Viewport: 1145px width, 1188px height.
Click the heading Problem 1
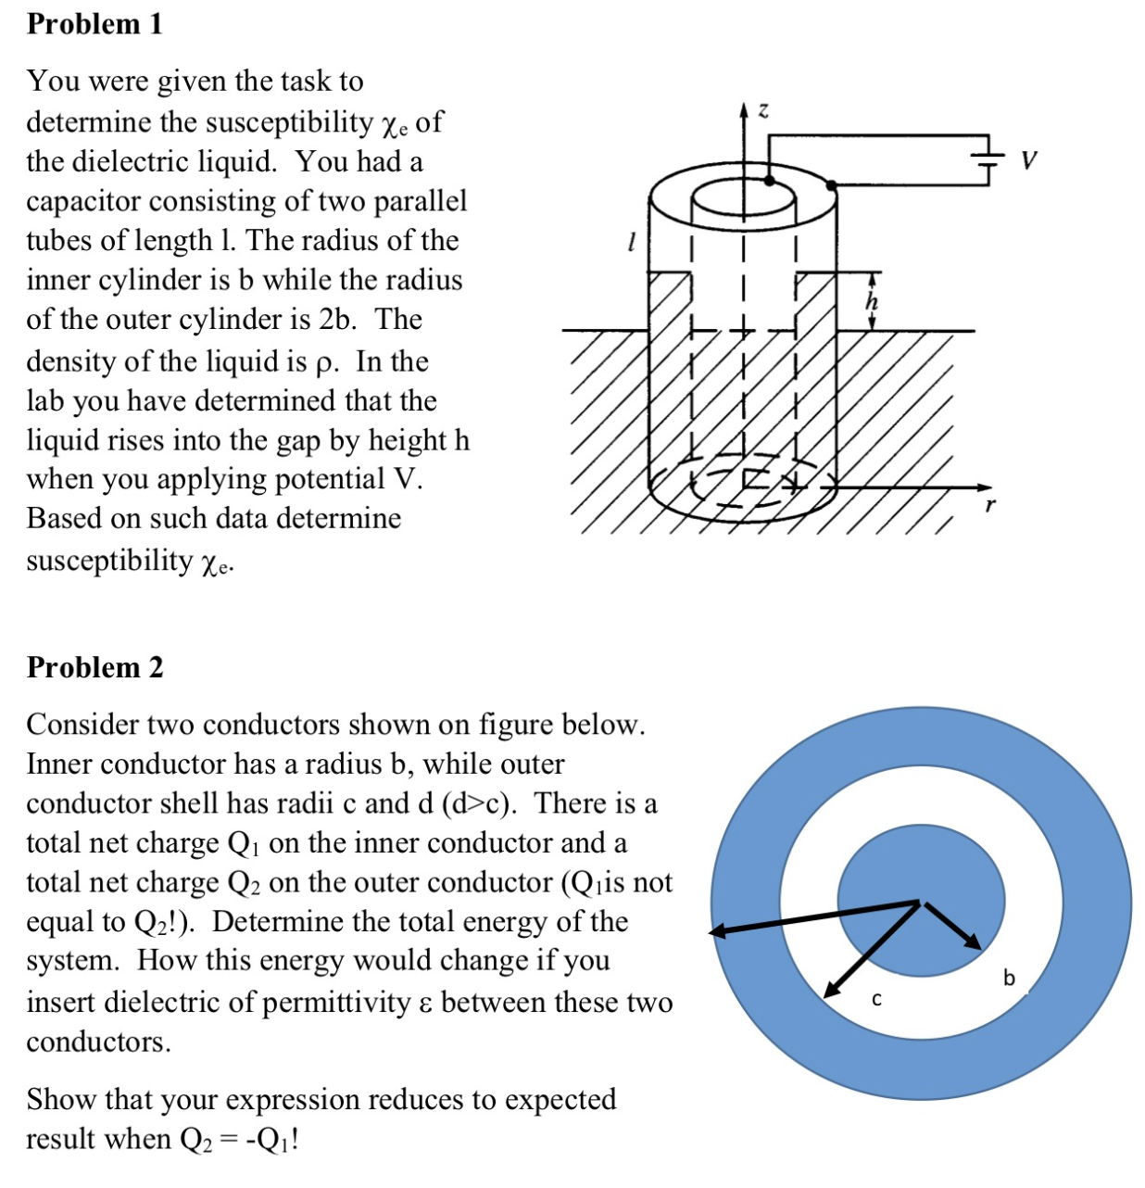[94, 24]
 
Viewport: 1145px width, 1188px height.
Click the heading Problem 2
[94, 667]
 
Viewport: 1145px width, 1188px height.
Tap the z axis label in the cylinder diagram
[763, 111]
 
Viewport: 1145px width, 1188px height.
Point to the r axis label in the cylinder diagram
[990, 507]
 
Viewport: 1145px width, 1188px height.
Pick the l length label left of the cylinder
[631, 244]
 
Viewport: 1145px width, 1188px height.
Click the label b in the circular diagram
[1009, 978]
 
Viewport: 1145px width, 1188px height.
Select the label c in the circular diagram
[877, 1000]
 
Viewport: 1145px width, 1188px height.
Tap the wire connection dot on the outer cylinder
[831, 185]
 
